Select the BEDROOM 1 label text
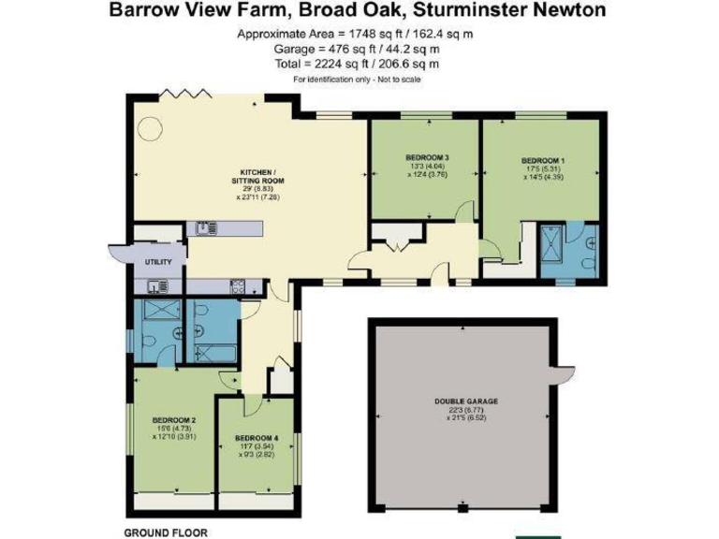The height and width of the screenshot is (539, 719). (x=543, y=160)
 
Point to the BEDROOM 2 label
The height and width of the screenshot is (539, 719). (x=173, y=419)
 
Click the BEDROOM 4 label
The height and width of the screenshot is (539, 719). (x=257, y=438)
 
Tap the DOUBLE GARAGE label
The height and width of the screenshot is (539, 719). (x=465, y=401)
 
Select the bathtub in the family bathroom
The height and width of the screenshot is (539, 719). (x=211, y=353)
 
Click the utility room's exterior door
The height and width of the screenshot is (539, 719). (x=115, y=250)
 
